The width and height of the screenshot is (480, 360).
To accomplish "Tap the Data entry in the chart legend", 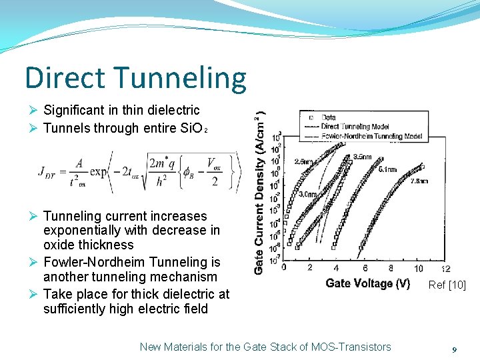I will (x=328, y=117).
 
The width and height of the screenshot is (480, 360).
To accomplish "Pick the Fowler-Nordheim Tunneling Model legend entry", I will (x=371, y=135).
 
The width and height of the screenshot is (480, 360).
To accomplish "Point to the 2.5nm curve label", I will (x=302, y=161).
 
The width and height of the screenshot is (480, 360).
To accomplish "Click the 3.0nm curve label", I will (x=307, y=194).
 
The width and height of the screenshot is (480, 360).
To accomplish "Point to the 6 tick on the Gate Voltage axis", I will (x=365, y=268).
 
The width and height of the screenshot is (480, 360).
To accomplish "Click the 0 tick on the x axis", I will (x=285, y=268).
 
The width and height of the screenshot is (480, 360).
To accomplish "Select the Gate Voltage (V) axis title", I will (x=367, y=283).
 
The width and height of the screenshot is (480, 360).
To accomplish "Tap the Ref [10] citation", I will (x=447, y=285).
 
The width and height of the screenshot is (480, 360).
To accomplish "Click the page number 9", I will (x=454, y=349).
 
